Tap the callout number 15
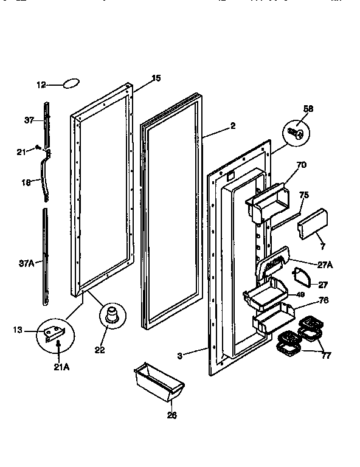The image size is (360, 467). click(x=156, y=78)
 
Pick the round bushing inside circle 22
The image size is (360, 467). click(x=112, y=314)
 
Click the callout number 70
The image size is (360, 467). click(x=301, y=164)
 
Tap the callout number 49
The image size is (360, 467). click(x=300, y=294)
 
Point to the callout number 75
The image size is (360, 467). click(x=304, y=195)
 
